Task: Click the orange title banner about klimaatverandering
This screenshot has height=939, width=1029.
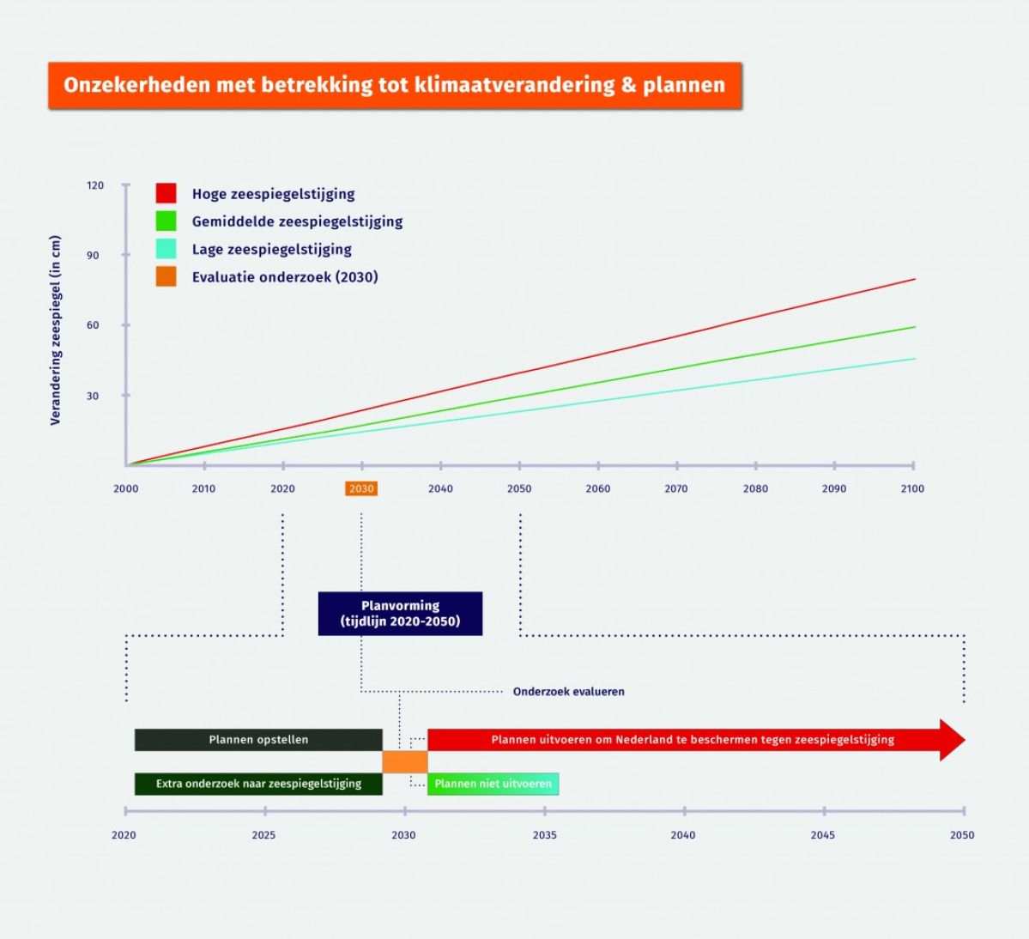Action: (x=395, y=85)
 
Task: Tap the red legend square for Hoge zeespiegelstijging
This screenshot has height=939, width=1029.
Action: (x=166, y=193)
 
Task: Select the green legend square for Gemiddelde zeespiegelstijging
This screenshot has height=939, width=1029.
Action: (x=166, y=221)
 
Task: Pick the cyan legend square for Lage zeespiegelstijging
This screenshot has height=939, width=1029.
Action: (x=166, y=249)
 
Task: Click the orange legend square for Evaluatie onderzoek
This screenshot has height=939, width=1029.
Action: (x=166, y=276)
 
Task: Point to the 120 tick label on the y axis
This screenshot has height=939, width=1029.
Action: (x=94, y=185)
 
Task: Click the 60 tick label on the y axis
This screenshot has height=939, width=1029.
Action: (x=93, y=325)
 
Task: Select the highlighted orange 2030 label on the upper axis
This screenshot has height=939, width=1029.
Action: (x=361, y=488)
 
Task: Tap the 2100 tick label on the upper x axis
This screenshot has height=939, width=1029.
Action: (x=912, y=488)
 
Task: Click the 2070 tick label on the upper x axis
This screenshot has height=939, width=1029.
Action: (x=676, y=488)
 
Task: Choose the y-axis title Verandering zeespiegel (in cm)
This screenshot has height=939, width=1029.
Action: (x=56, y=330)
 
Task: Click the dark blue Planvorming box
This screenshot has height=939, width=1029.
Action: (x=400, y=614)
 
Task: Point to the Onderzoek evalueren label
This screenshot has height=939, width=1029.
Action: (x=568, y=692)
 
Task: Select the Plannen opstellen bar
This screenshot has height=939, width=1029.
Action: (x=258, y=740)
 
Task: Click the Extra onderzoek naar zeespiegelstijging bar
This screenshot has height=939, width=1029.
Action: (x=258, y=784)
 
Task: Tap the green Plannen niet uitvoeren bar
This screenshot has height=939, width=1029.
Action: (x=493, y=784)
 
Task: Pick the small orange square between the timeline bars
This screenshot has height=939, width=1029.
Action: (x=405, y=762)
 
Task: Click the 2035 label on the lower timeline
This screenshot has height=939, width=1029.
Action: (x=545, y=834)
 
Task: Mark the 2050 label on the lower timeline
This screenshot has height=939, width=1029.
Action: (x=962, y=834)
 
